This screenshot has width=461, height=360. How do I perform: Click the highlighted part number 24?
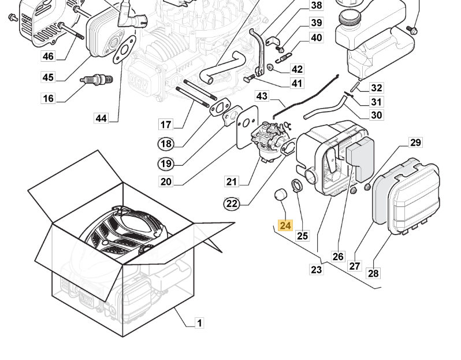pos(285,225)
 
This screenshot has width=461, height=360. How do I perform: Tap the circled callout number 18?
pos(166,144)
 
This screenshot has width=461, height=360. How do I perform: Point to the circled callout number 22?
pos(232,203)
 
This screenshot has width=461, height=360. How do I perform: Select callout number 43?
pos(262,97)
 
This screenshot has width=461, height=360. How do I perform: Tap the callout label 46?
pos(48,56)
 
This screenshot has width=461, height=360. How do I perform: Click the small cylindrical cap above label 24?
pos(281,195)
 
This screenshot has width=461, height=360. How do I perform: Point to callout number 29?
pos(415,142)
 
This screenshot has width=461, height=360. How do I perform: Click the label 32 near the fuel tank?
pos(377,88)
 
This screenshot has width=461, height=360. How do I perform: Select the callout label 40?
pos(316,38)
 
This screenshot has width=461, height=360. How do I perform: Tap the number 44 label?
pos(101,118)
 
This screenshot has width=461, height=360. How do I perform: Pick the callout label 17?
pos(166,124)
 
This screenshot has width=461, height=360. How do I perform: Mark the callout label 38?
pos(316,6)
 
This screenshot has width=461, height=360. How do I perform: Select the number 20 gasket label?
pos(166,182)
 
